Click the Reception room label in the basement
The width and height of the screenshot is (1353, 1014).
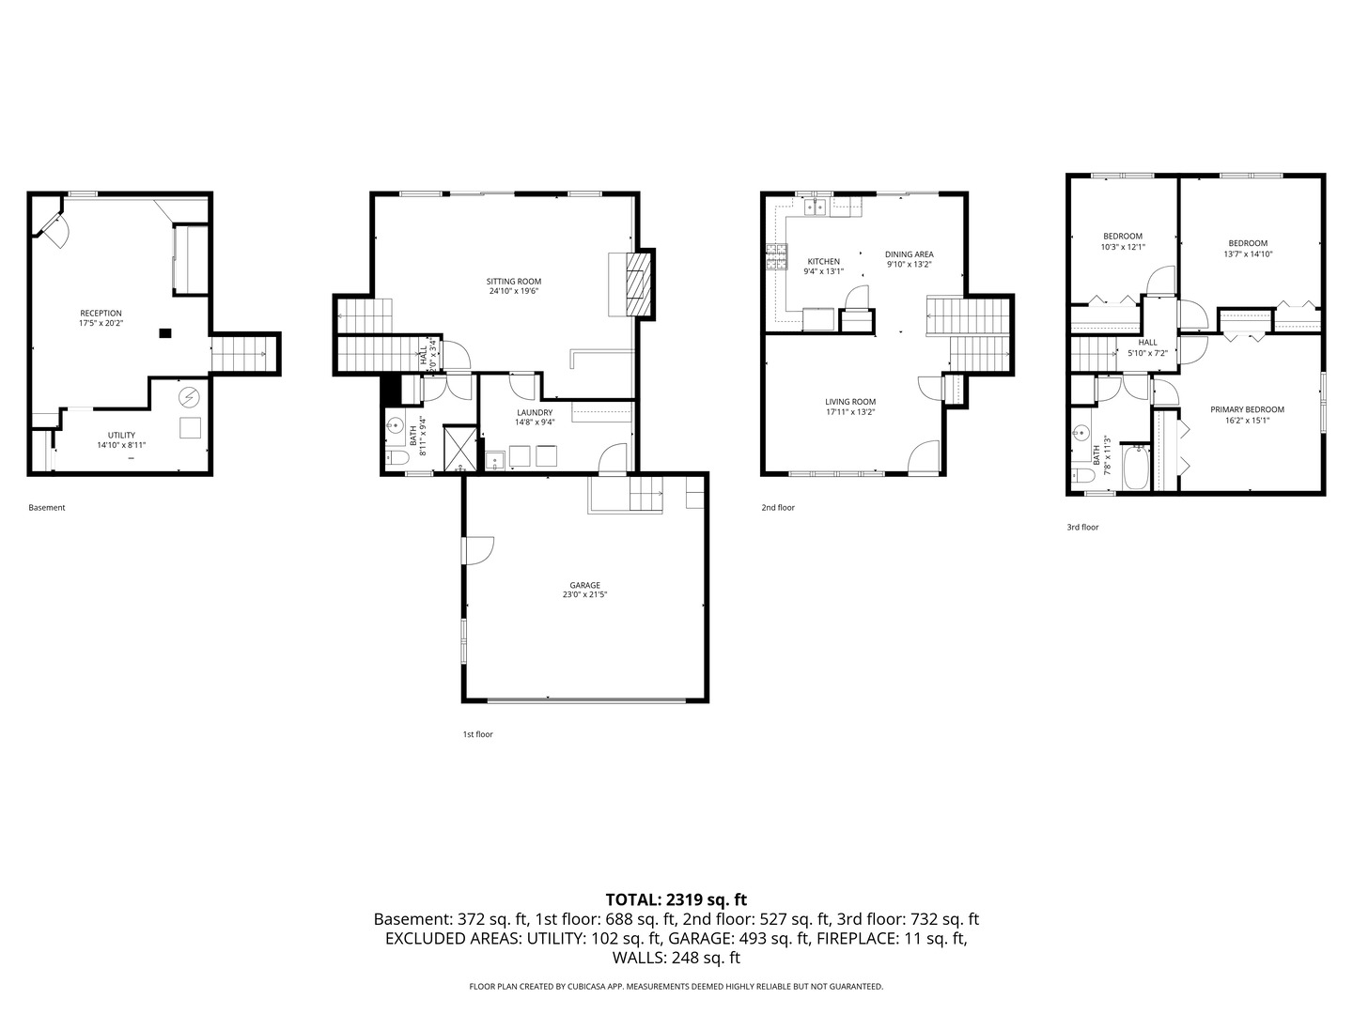click(101, 314)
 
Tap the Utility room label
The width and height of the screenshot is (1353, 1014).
click(122, 435)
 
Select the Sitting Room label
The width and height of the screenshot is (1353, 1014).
click(514, 282)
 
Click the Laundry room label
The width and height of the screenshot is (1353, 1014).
click(535, 412)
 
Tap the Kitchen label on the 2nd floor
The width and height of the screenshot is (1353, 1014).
click(824, 262)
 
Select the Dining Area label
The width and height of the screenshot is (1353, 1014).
click(910, 254)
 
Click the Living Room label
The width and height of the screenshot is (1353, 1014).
click(850, 402)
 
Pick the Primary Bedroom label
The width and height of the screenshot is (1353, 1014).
click(1247, 409)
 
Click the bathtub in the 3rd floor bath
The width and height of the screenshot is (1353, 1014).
click(1135, 468)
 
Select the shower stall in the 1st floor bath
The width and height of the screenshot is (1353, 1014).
click(459, 448)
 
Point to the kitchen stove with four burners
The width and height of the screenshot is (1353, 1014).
click(777, 256)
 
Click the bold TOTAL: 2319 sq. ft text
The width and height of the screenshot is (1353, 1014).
click(676, 899)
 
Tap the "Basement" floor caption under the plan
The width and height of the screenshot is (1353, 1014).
click(47, 508)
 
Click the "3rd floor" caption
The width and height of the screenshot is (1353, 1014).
click(1082, 528)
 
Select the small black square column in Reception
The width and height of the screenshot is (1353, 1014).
click(165, 332)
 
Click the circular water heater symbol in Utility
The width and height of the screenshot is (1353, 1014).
click(189, 397)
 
